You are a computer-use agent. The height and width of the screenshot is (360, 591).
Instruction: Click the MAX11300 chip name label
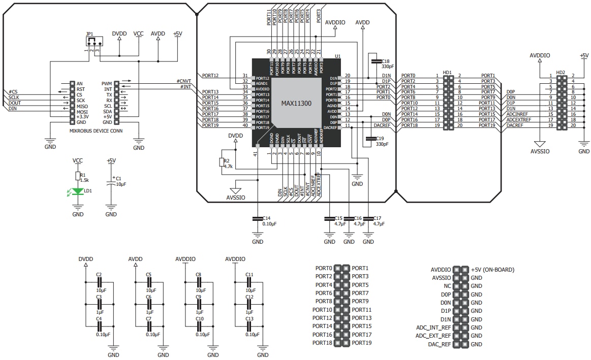pyautogui.click(x=296, y=103)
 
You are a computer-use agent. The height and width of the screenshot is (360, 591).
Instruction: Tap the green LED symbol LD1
pyautogui.click(x=77, y=191)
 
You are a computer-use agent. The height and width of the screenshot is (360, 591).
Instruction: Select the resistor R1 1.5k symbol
pyautogui.click(x=77, y=176)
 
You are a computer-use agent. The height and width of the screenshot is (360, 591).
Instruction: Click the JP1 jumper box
pyautogui.click(x=94, y=41)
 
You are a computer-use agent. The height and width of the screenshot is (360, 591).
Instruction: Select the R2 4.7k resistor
pyautogui.click(x=221, y=162)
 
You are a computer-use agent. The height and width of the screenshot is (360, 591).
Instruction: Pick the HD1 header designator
pyautogui.click(x=448, y=73)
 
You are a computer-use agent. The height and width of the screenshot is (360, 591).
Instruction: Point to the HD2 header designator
pyautogui.click(x=561, y=73)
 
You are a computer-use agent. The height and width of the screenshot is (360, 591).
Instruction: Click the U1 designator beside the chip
pyautogui.click(x=337, y=56)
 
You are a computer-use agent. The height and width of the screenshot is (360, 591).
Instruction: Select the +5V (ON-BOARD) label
pyautogui.click(x=492, y=270)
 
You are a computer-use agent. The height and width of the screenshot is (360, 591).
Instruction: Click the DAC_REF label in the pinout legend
pyautogui.click(x=439, y=344)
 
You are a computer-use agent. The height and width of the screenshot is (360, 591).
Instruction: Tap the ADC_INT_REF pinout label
pyautogui.click(x=433, y=328)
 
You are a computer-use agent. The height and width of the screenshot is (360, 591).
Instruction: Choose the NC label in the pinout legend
pyautogui.click(x=447, y=286)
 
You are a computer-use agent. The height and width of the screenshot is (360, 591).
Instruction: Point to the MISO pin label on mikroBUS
pyautogui.click(x=83, y=106)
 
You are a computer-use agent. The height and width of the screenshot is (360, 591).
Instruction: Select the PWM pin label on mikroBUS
pyautogui.click(x=106, y=83)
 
